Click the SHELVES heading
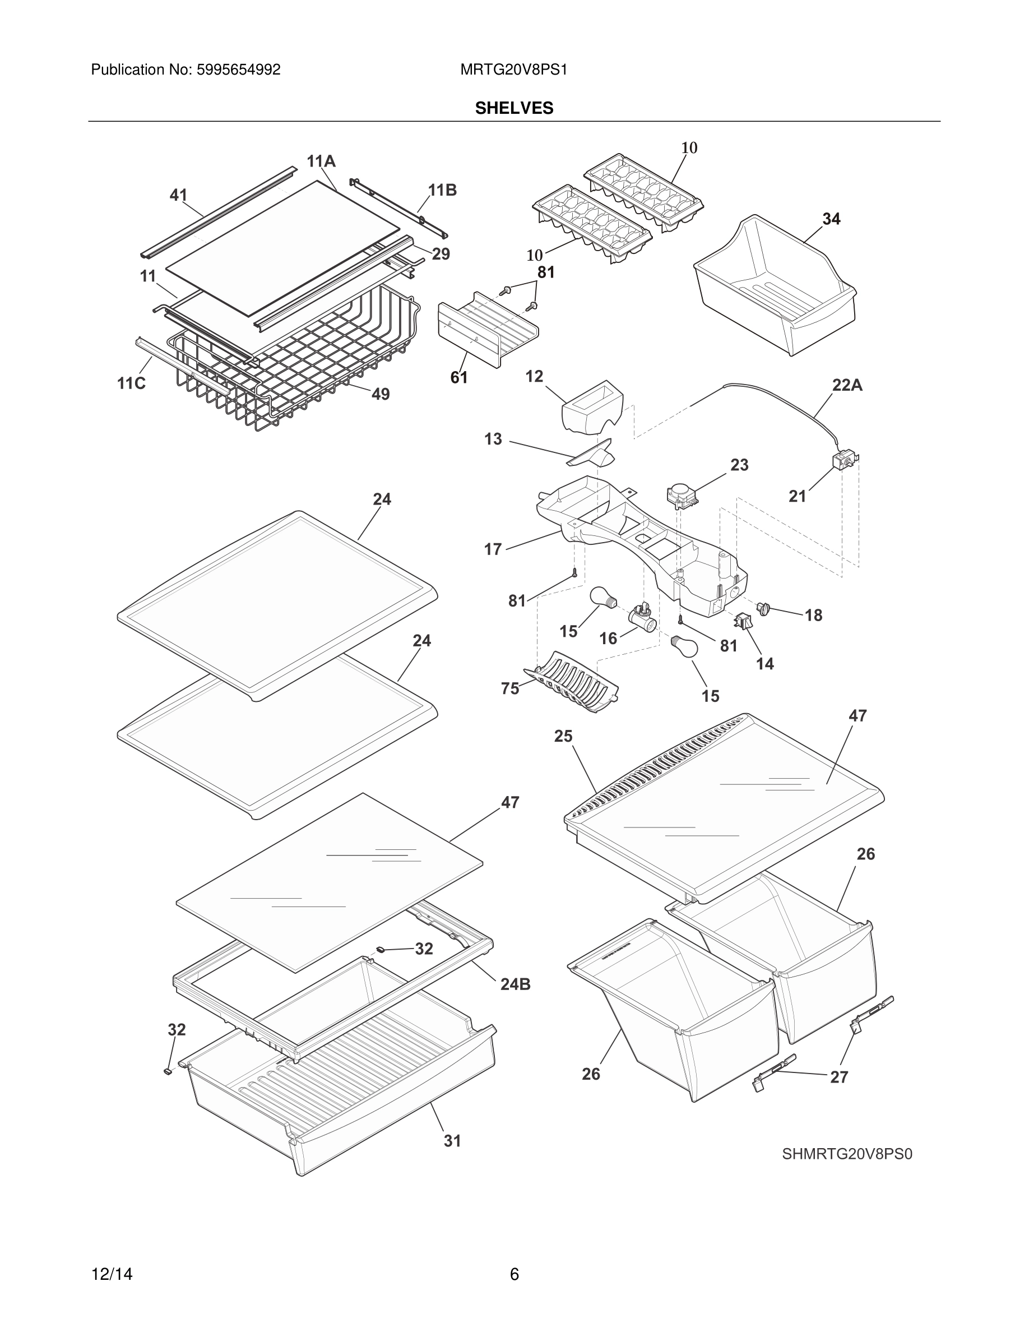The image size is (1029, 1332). click(514, 108)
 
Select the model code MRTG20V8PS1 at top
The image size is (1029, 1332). click(513, 70)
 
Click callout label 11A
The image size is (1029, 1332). click(321, 161)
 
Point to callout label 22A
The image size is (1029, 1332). click(847, 386)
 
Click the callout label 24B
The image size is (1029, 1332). click(515, 984)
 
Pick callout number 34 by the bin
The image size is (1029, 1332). click(831, 219)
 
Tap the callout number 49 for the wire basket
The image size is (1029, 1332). click(381, 395)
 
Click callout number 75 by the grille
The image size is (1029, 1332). click(509, 688)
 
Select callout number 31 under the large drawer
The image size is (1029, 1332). click(452, 1141)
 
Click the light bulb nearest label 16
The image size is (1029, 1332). click(604, 598)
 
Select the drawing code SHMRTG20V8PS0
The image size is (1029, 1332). click(847, 1154)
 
